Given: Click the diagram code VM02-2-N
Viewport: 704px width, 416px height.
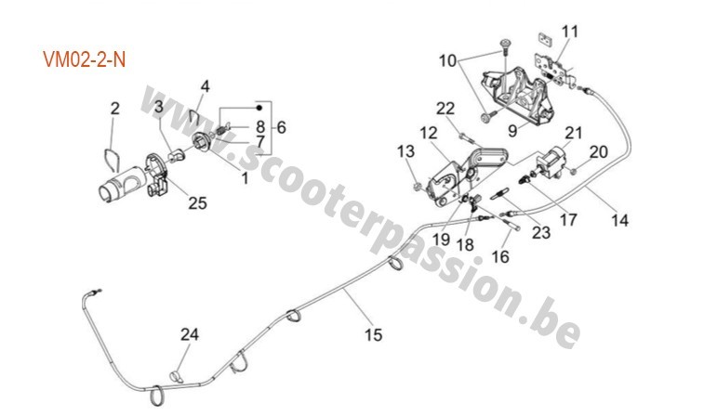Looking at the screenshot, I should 84,59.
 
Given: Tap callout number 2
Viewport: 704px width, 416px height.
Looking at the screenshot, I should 114,110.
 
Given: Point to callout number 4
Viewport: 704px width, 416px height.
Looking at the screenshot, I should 205,86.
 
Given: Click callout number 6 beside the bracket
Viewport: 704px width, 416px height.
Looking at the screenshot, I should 282,126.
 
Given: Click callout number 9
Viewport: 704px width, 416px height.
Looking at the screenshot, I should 511,130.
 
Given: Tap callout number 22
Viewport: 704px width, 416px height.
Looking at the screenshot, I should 445,109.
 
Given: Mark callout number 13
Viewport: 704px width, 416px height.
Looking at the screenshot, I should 405,151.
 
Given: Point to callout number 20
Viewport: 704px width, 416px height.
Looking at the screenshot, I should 599,150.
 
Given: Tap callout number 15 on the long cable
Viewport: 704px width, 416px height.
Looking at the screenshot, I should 372,333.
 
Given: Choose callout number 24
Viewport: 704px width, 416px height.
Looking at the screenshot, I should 190,334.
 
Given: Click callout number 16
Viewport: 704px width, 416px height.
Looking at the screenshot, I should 500,256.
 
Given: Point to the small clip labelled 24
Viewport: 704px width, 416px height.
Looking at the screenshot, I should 175,375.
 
